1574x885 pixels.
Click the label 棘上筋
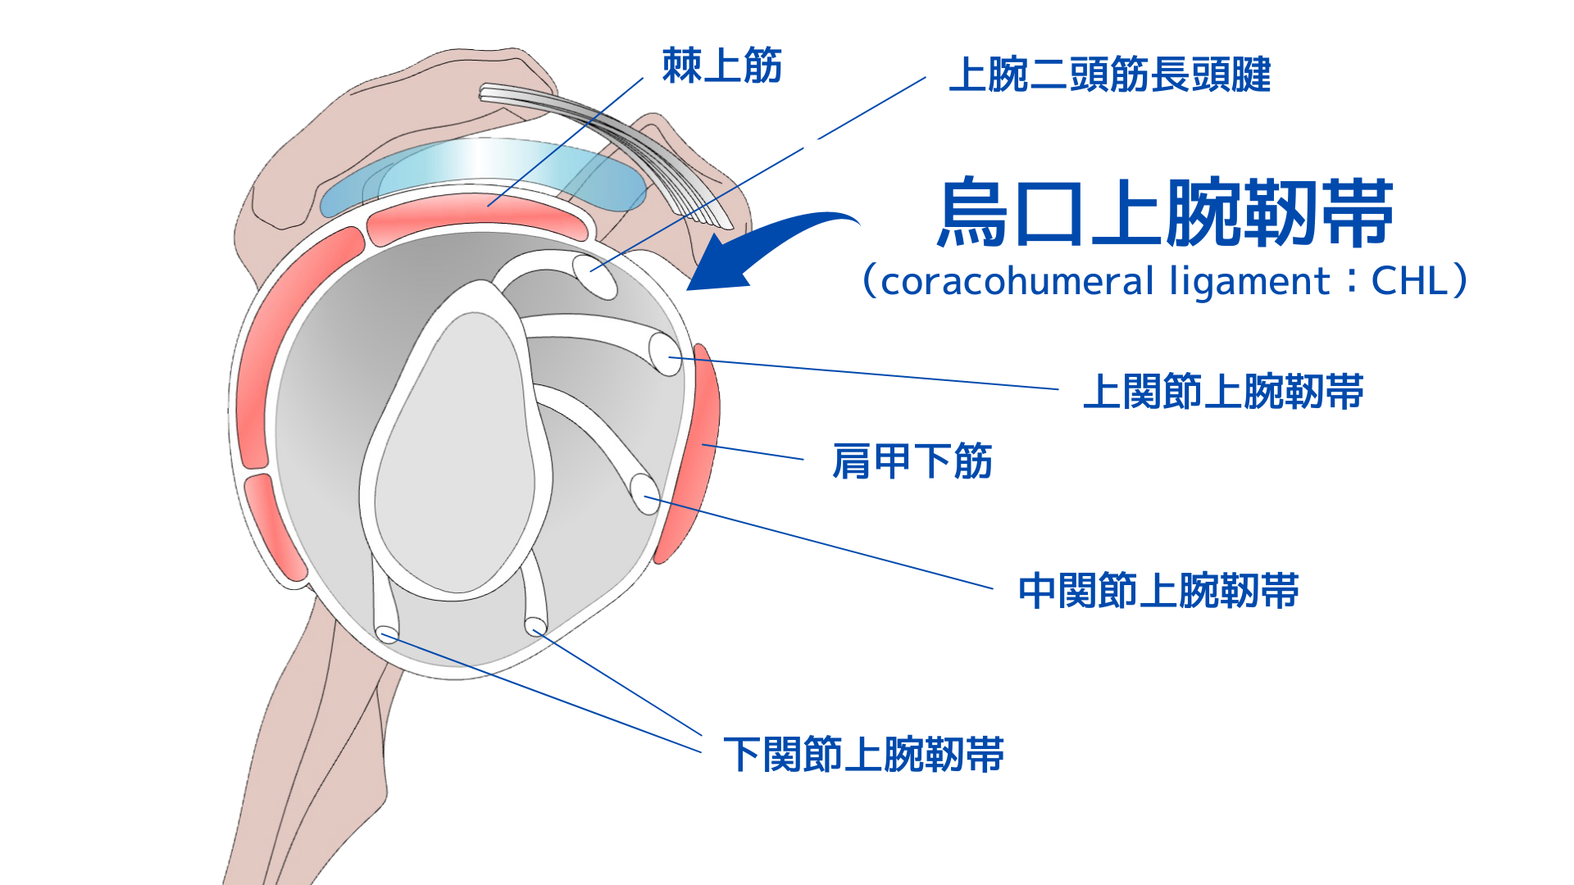pos(721,66)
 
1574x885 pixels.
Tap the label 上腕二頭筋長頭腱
pos(1109,75)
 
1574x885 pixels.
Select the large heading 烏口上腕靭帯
pos(1164,213)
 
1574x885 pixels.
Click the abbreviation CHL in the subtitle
pos(1409,281)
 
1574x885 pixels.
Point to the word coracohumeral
pos(1017,281)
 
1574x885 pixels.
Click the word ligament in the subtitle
pos(1249,281)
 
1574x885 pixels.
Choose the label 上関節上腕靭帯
pos(1223,392)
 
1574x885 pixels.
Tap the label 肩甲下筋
pos(912,461)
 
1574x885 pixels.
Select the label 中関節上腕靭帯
pos(1158,591)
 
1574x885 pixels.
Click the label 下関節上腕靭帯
pos(863,755)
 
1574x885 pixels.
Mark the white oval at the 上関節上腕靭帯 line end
pos(665,354)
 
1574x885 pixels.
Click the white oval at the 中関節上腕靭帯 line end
pos(644,494)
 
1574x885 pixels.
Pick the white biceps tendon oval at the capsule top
pos(594,275)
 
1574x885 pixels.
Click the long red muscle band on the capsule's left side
pos(283,344)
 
